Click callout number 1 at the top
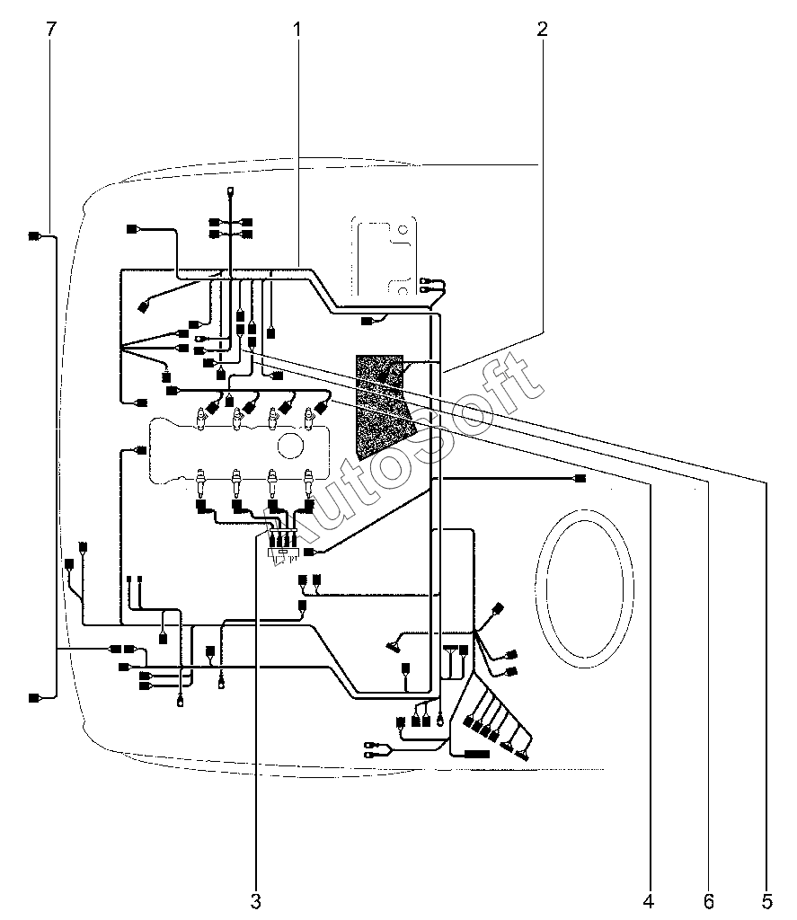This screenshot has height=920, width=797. [x=297, y=29]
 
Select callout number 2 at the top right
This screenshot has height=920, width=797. [x=543, y=29]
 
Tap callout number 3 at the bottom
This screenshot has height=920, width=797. [x=255, y=901]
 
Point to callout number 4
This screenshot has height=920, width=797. [x=649, y=901]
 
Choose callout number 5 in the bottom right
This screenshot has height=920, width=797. [x=766, y=901]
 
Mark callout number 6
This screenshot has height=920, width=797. [x=709, y=901]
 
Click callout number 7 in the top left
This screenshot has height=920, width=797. [x=51, y=29]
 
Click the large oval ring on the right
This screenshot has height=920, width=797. [x=585, y=588]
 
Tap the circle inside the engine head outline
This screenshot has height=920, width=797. [x=288, y=446]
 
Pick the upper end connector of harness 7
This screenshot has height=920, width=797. [x=35, y=236]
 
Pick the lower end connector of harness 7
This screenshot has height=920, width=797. [x=35, y=698]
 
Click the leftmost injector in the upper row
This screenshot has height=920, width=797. [x=201, y=419]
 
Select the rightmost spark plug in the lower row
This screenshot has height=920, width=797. [x=307, y=482]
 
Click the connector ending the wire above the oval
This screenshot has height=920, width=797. [x=580, y=479]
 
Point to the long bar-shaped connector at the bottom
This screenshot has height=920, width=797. [x=477, y=754]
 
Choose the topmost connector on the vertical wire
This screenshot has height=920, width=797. [x=230, y=191]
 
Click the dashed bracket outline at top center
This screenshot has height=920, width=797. [x=385, y=256]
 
